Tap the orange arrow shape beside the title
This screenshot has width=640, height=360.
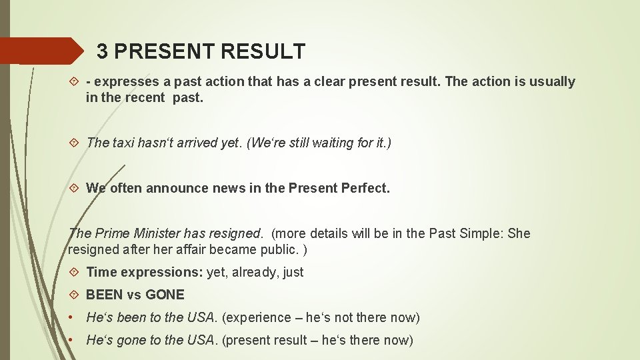point(40,51)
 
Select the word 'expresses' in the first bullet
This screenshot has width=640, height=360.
point(127,82)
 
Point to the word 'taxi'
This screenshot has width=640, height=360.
point(124,143)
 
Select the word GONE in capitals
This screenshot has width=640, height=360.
point(165,295)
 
